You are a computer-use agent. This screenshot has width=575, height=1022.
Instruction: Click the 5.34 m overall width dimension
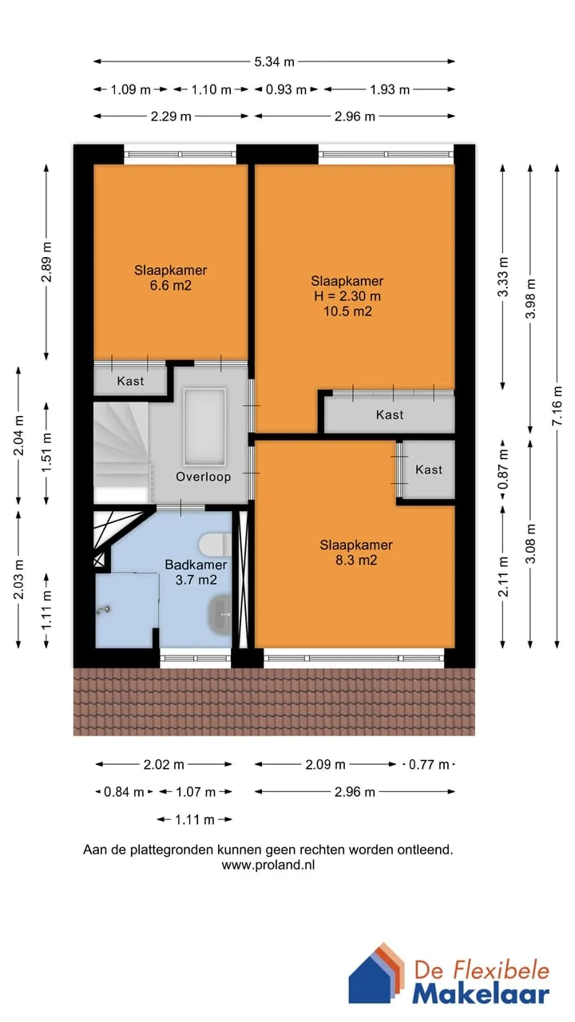click(274, 61)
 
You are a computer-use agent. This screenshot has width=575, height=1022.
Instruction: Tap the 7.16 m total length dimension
click(557, 406)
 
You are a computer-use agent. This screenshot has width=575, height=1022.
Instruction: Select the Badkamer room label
click(196, 564)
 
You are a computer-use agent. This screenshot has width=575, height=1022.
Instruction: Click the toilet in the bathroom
click(215, 545)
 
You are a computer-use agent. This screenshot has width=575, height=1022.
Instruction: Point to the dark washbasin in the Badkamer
click(220, 614)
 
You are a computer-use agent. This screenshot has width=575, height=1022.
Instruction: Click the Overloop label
click(204, 477)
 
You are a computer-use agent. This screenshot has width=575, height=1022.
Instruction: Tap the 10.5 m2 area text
click(347, 311)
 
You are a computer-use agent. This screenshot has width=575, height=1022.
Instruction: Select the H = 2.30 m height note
click(347, 296)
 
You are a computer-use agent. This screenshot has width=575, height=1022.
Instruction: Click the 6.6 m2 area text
click(171, 286)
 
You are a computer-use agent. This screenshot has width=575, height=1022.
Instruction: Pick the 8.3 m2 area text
click(356, 560)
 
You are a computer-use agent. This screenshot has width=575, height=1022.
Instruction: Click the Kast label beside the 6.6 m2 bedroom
click(130, 381)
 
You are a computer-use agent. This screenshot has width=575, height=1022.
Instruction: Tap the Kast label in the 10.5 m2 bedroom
click(390, 414)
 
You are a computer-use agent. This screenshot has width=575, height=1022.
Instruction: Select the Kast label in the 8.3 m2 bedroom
click(429, 469)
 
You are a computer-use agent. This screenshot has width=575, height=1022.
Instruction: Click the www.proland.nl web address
click(268, 865)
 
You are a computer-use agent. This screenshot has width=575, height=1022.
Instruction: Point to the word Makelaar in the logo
click(481, 995)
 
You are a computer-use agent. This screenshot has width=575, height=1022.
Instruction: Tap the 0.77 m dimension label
click(429, 764)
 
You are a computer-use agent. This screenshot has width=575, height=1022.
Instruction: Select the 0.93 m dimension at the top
click(286, 89)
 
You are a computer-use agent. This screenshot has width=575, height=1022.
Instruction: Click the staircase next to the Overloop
click(121, 452)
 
